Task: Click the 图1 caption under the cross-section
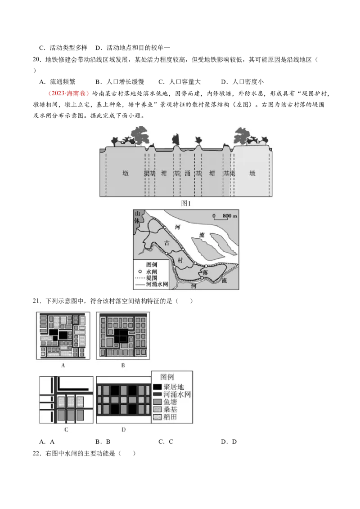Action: (x=187, y=203)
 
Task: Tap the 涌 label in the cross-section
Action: (x=187, y=173)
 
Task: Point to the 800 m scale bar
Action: (x=224, y=217)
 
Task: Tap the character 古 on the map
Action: (x=167, y=243)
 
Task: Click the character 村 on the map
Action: (x=180, y=260)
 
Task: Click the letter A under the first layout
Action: (x=63, y=366)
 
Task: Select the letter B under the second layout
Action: (x=122, y=366)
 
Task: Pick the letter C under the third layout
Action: (x=66, y=429)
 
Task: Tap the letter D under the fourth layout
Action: (x=123, y=429)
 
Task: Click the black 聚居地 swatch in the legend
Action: (x=157, y=387)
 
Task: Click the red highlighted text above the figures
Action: (x=69, y=94)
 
